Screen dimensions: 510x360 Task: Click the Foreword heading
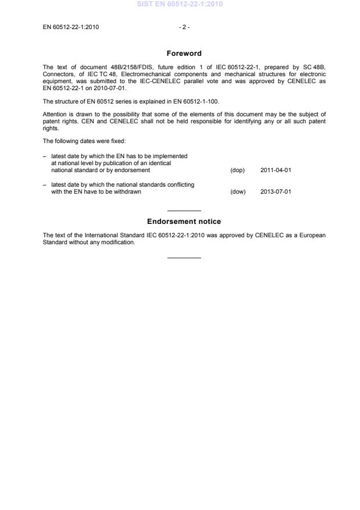point(184,54)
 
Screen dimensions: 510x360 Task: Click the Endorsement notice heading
point(184,222)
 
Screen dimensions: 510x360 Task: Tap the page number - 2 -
point(184,27)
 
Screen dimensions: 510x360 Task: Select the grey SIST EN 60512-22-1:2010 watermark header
point(180,4)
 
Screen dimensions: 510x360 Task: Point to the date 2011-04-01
point(275,170)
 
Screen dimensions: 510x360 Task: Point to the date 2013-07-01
point(275,191)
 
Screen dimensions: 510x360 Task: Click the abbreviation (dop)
point(237,170)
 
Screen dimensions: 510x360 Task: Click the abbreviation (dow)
point(238,191)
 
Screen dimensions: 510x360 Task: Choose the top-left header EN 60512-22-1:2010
point(70,27)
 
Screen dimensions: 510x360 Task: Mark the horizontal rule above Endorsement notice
point(184,211)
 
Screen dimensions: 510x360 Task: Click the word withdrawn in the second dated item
point(127,191)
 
